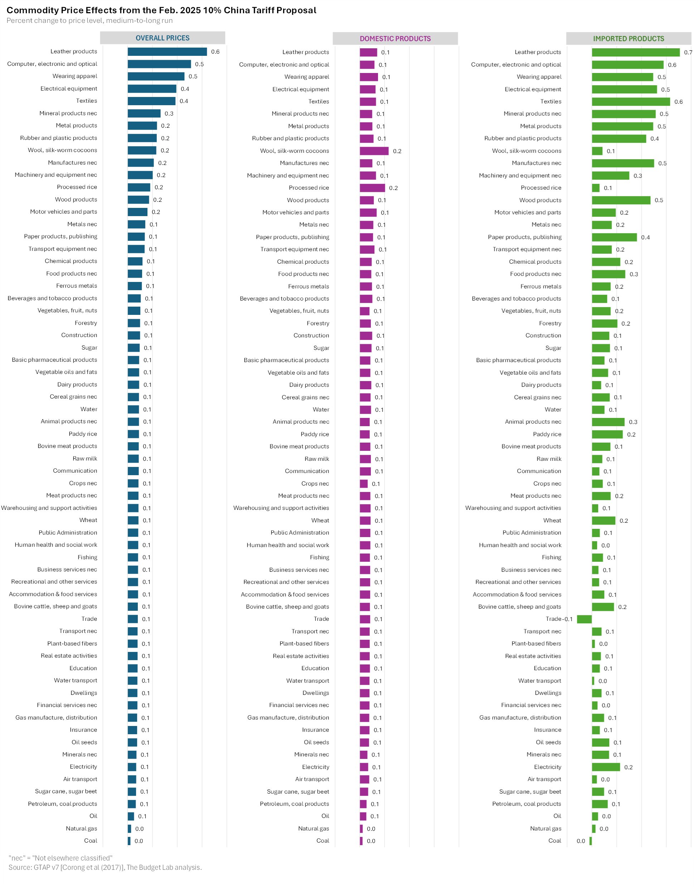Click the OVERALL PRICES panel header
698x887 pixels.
162,38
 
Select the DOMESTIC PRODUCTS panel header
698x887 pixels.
395,39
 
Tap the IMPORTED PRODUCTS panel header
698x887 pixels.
628,39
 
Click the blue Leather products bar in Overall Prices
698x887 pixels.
167,52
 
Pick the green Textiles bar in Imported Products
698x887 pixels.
631,102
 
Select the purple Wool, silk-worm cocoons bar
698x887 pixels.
374,151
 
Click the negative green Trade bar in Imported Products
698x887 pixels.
584,619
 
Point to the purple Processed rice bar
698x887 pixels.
372,188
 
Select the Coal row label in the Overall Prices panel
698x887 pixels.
90,841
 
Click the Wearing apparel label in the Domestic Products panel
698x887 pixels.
306,77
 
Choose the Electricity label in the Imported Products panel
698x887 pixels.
547,767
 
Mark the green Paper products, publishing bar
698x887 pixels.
614,237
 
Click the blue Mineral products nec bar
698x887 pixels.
144,113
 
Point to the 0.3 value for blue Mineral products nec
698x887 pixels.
169,113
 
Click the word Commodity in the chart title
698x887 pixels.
31,10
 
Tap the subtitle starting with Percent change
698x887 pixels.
89,21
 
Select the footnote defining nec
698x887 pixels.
60,858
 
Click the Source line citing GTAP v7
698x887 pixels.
105,867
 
